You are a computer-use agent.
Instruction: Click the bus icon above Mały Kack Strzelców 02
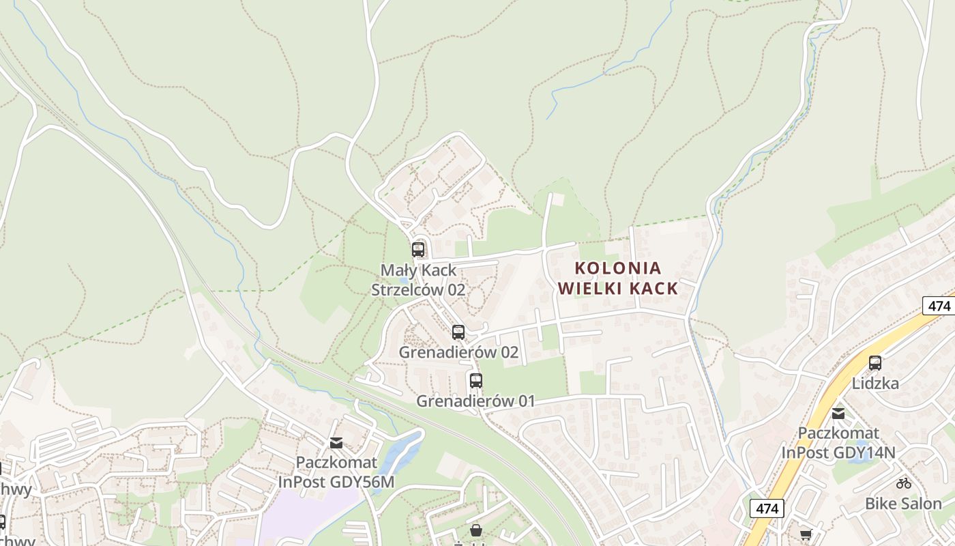418,250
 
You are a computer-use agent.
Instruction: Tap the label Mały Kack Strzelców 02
418,280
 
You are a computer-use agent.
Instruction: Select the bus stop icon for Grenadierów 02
458,332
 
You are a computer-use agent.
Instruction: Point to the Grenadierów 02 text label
458,353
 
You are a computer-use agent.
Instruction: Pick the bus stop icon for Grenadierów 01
475,380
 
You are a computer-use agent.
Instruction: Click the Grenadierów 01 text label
475,401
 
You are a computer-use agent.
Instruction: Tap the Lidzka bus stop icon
875,363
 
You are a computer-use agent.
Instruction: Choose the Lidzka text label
875,384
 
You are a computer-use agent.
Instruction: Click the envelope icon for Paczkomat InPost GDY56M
336,443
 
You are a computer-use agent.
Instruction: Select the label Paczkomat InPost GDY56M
336,472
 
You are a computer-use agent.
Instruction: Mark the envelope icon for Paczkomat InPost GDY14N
838,413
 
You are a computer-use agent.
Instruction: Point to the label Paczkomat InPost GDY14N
838,442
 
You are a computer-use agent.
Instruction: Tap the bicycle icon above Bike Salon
904,483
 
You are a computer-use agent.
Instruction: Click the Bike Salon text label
903,504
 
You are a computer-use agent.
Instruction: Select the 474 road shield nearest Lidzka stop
939,305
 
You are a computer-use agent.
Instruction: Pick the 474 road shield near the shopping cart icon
767,508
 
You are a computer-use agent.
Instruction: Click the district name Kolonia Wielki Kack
618,278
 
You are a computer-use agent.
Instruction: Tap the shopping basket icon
476,530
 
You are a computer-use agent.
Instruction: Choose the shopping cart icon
806,534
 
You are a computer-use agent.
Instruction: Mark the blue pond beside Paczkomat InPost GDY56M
402,450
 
